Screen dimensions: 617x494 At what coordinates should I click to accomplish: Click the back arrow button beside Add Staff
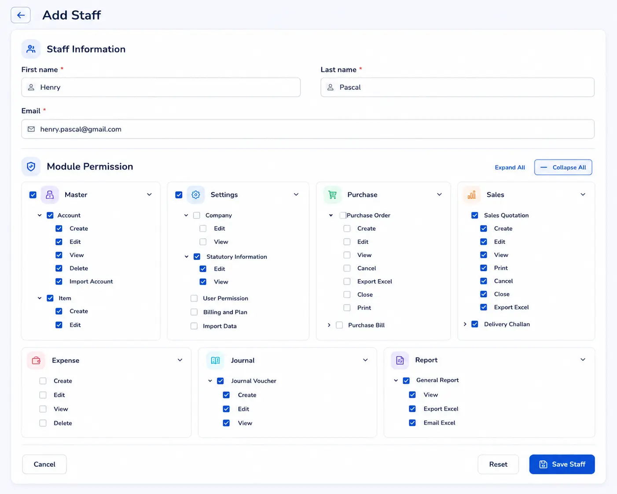pos(21,15)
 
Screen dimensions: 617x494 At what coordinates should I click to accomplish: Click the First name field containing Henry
pos(161,87)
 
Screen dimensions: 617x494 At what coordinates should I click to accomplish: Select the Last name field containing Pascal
pos(457,87)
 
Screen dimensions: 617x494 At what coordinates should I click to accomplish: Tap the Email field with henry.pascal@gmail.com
pos(308,129)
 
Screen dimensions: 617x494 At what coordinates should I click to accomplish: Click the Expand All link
pos(510,167)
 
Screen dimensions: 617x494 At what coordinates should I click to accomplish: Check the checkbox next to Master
pos(33,195)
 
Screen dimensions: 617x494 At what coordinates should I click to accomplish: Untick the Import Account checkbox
pos(59,281)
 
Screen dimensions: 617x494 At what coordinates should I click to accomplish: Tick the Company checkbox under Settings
pos(196,215)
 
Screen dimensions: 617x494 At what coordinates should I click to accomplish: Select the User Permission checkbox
pos(194,299)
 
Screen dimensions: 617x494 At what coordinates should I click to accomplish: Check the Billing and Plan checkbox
pos(194,312)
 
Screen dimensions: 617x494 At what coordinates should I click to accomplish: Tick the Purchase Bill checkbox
pos(339,325)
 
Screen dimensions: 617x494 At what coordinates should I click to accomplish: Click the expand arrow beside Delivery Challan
pos(465,324)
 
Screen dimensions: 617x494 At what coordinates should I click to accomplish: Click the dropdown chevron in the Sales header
pos(583,195)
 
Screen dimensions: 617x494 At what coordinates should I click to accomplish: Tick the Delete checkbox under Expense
pos(43,423)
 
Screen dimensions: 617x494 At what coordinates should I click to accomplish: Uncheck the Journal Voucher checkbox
pos(220,381)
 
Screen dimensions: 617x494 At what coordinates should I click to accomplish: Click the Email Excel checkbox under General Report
pos(412,423)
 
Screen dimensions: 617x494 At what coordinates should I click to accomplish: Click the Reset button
pos(498,464)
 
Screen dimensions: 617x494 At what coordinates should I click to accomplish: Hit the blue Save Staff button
pos(562,464)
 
